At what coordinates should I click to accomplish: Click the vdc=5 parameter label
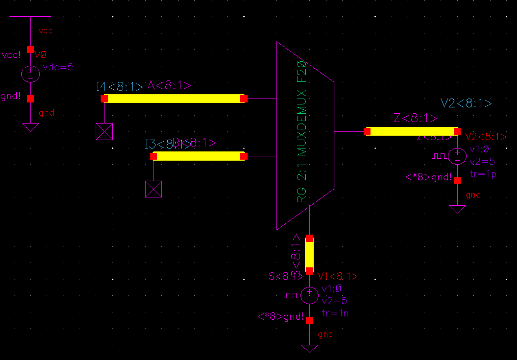click(x=58, y=67)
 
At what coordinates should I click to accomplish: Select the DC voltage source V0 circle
click(x=31, y=74)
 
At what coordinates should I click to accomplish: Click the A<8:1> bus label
click(x=169, y=85)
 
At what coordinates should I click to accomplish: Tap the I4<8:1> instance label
click(x=119, y=87)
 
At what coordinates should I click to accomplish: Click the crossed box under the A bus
click(x=104, y=132)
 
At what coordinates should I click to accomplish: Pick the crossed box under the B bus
click(x=153, y=189)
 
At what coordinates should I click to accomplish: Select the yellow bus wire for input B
click(x=199, y=156)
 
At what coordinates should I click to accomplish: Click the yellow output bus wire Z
click(x=412, y=131)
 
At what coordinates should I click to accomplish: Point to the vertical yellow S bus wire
click(x=309, y=254)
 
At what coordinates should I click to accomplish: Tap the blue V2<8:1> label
click(x=466, y=104)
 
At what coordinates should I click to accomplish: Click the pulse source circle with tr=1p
click(x=457, y=156)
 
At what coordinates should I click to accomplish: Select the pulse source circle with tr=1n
click(x=309, y=295)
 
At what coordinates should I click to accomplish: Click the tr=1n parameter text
click(x=335, y=313)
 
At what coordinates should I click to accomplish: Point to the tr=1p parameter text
click(x=483, y=174)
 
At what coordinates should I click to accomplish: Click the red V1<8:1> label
click(x=337, y=276)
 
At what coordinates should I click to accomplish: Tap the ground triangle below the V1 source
click(x=309, y=348)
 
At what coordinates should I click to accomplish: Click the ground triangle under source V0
click(x=31, y=127)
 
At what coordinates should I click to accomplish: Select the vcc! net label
click(x=12, y=55)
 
